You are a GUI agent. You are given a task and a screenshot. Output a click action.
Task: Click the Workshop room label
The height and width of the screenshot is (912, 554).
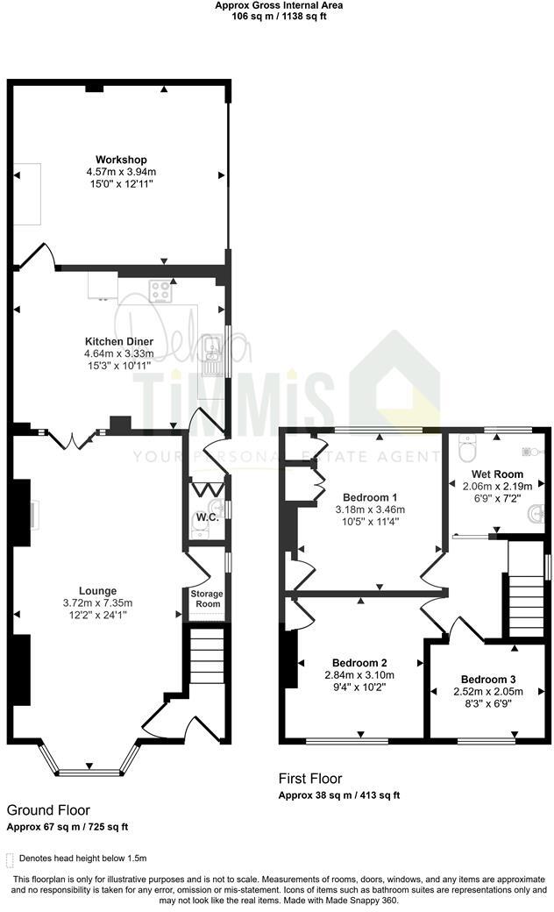coord(121,159)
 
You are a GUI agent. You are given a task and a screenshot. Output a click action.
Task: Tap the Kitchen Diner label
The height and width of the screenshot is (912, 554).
coord(119,341)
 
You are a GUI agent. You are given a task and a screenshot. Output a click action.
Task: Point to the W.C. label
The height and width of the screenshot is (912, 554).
coord(207,517)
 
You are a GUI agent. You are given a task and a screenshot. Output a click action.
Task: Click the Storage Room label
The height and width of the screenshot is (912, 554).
coord(207,599)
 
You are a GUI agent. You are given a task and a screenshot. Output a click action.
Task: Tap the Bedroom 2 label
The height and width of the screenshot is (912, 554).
coord(359,662)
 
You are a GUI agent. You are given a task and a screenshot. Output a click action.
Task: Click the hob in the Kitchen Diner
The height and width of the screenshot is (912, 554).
coord(160,290)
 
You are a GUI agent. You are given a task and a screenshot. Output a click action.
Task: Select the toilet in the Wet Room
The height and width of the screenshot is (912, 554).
coord(466,451)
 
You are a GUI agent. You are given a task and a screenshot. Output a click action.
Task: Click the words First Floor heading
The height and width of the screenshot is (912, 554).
coord(310,778)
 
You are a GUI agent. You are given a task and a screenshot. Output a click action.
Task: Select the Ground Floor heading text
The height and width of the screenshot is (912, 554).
coord(48,810)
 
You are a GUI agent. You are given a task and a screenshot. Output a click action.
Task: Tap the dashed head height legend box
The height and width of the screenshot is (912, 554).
coord(11,859)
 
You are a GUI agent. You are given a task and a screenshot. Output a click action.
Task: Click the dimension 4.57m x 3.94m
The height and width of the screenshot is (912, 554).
coord(121,171)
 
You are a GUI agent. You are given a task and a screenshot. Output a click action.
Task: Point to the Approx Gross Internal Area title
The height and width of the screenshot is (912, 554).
coord(280,5)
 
